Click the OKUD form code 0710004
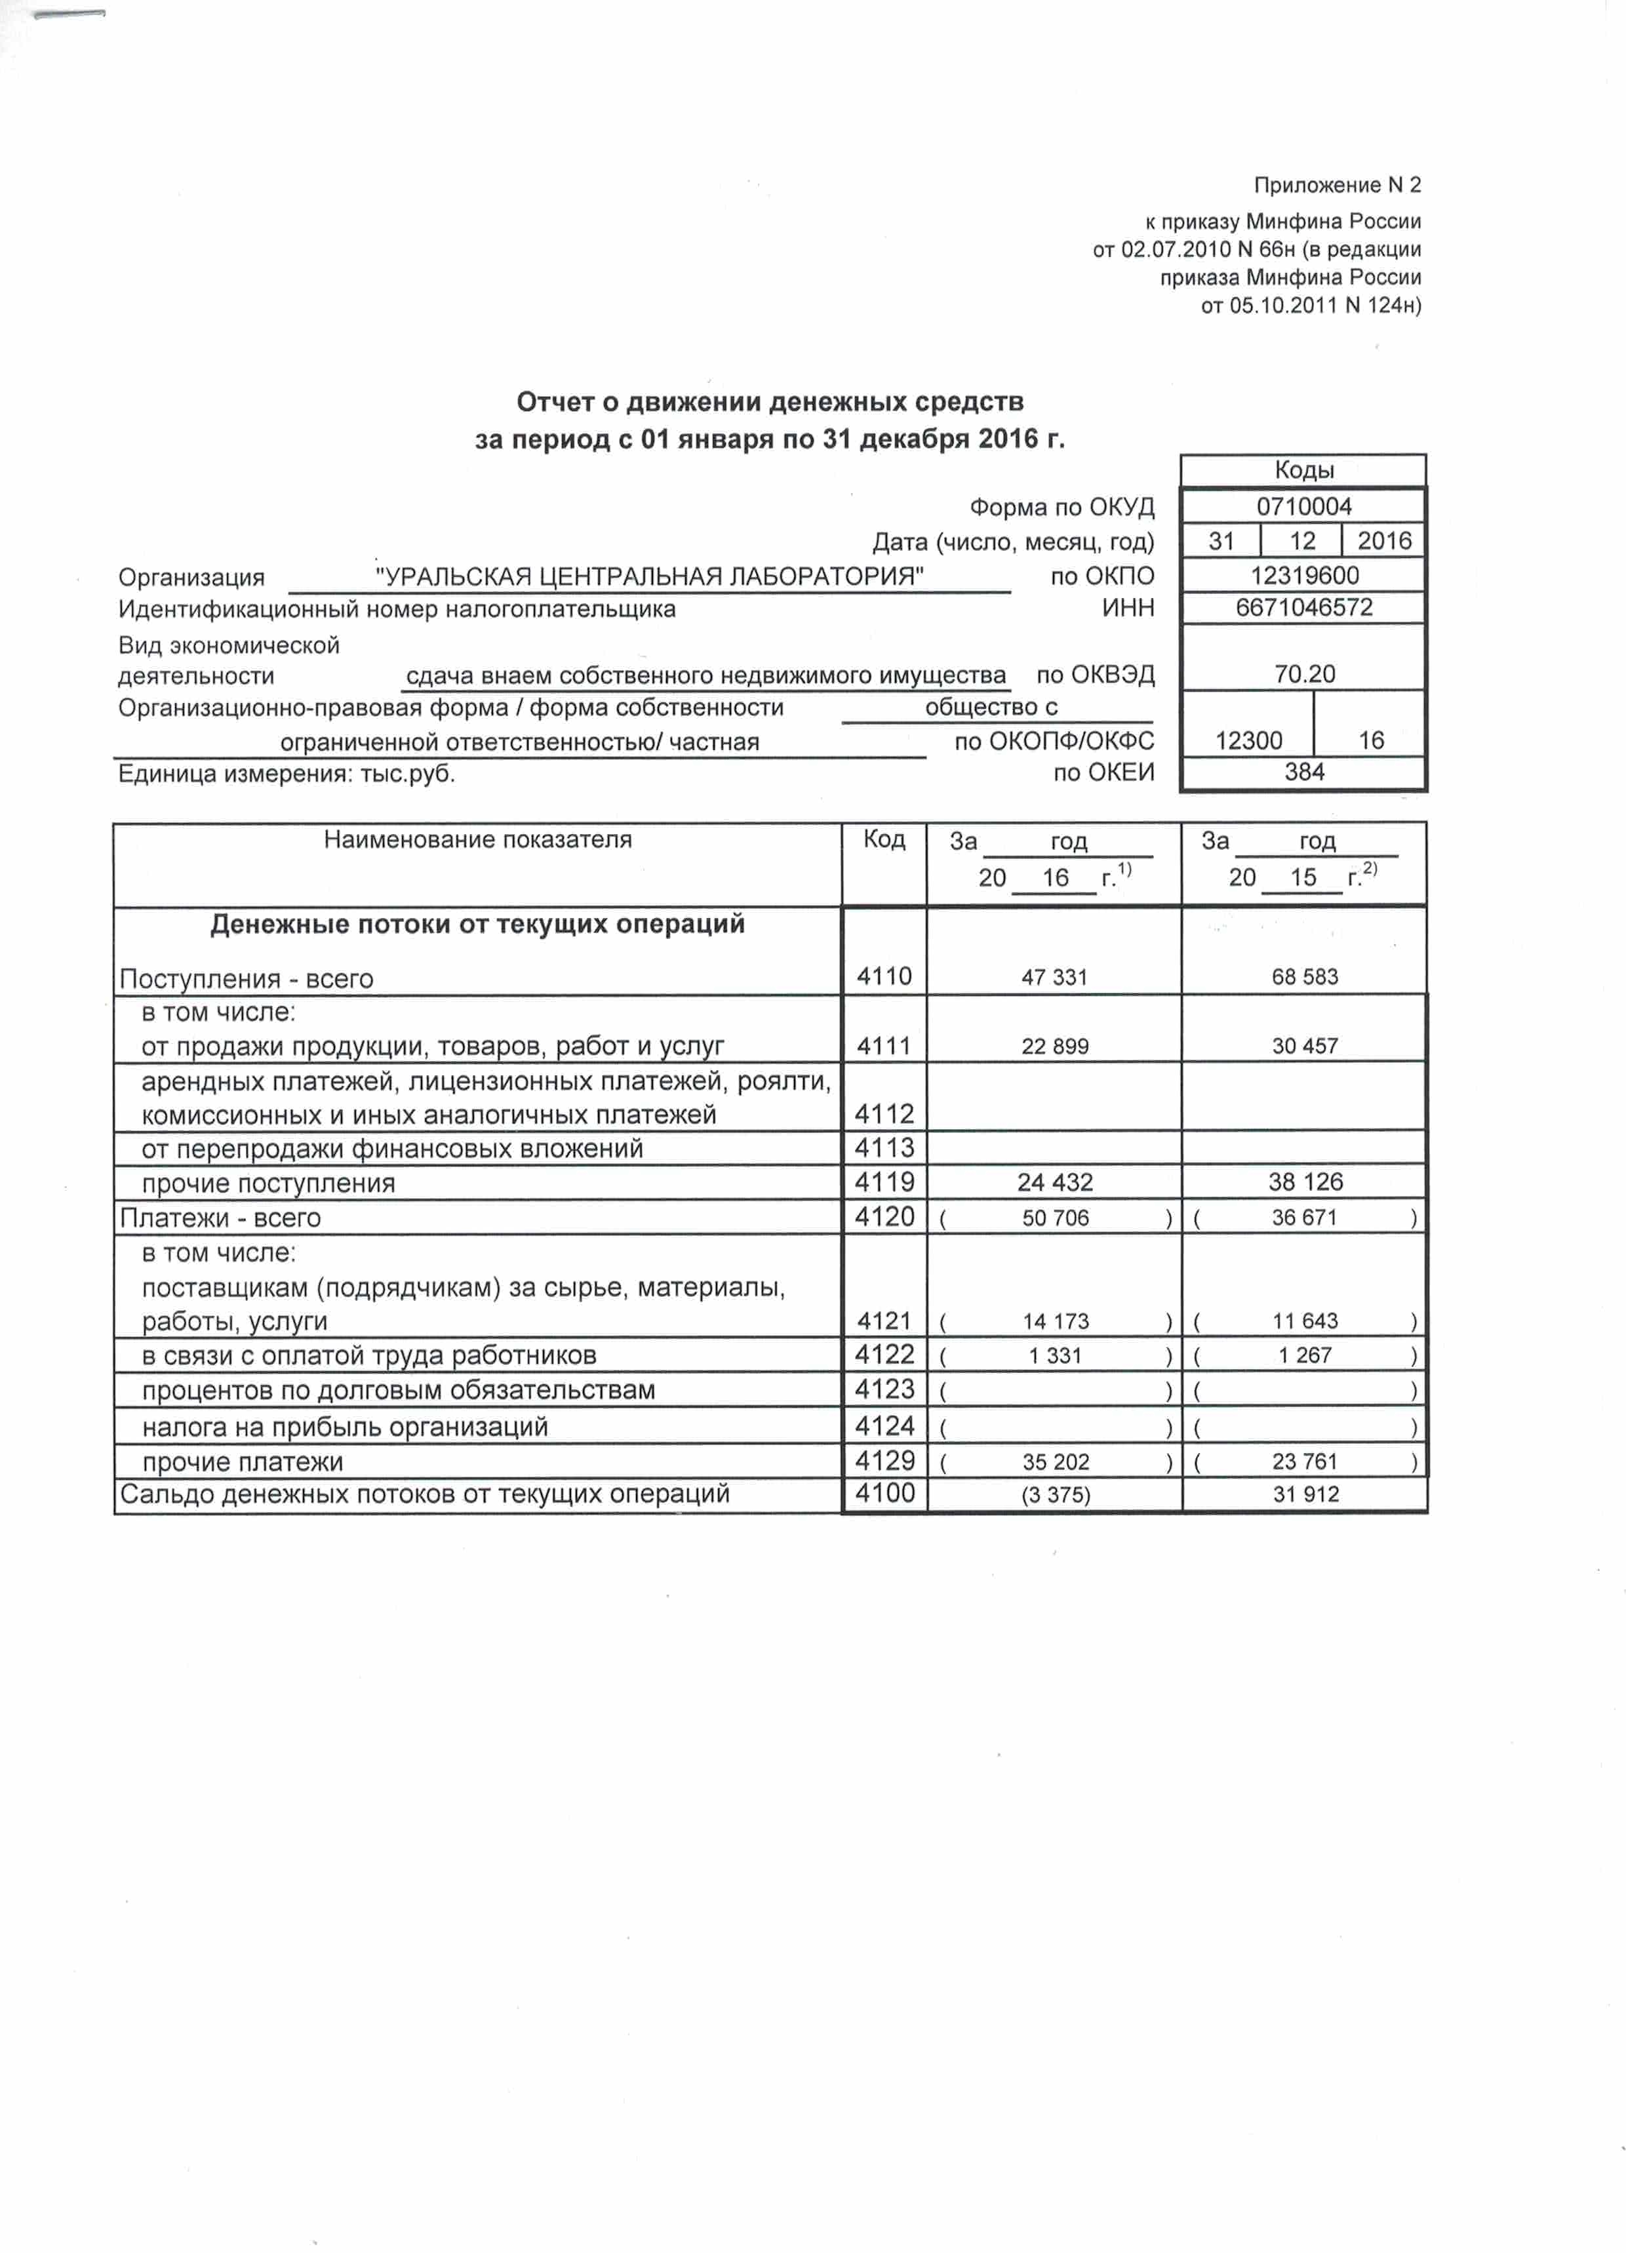[1303, 507]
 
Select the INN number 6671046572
[1303, 607]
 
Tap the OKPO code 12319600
[1303, 575]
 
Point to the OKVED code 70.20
[1304, 673]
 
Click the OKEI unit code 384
[1303, 772]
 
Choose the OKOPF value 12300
[1248, 740]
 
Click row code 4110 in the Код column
[883, 976]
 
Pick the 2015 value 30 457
[1304, 1046]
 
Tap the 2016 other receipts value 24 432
[1054, 1182]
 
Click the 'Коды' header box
[1303, 470]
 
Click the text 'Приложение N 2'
[1336, 186]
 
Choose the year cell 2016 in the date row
[1383, 542]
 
